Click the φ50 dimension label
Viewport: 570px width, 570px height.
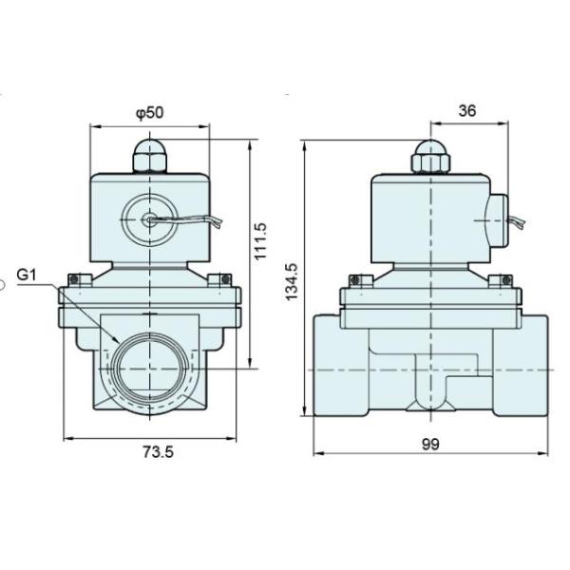[150, 112]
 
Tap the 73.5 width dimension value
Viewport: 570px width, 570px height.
[159, 452]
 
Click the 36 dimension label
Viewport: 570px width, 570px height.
[466, 110]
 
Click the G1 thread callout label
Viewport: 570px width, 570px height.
[28, 276]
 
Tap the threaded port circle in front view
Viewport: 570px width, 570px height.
[151, 368]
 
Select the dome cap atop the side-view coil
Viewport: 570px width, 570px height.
[430, 154]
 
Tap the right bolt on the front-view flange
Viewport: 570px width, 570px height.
[224, 279]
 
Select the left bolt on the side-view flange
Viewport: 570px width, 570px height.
[355, 280]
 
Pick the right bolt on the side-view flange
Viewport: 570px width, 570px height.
[503, 280]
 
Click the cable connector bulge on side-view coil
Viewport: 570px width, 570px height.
[501, 219]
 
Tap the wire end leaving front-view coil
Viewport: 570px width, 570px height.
[220, 226]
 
